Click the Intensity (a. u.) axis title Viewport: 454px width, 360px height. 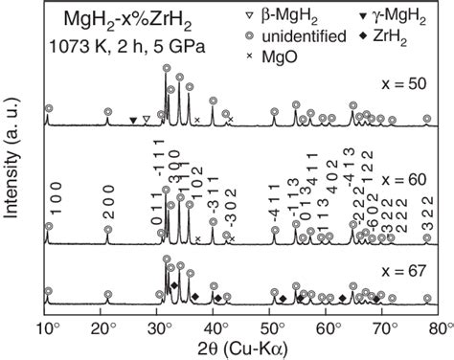coord(12,163)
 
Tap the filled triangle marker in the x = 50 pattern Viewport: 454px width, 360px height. coord(132,120)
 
